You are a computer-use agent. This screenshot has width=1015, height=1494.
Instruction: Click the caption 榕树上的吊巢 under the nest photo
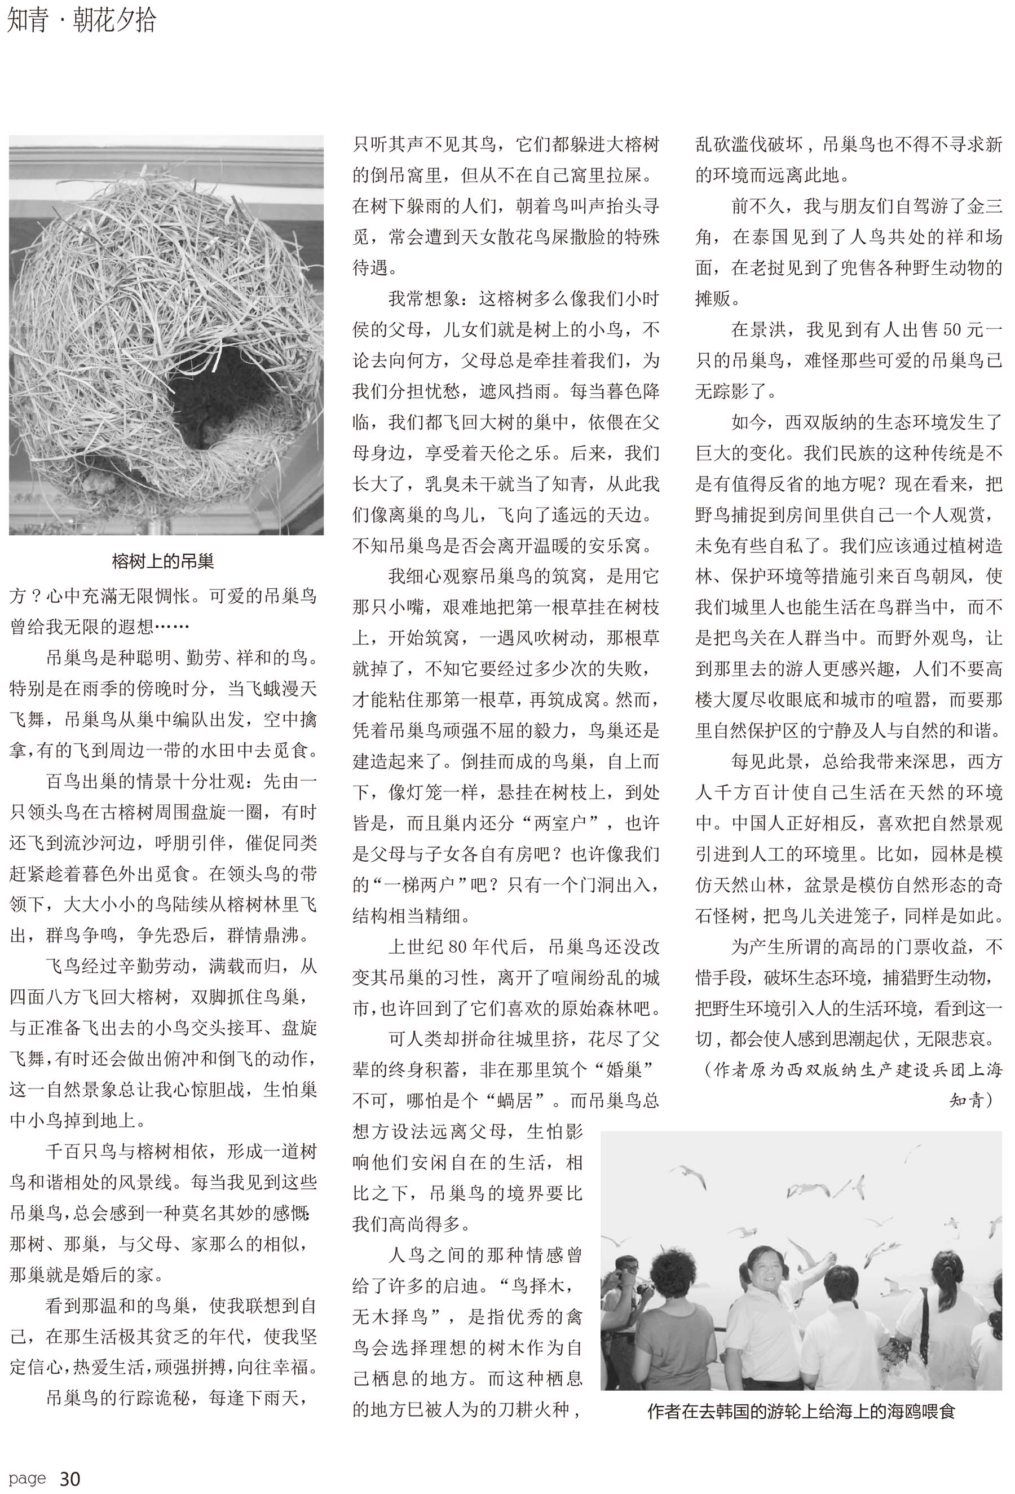point(162,561)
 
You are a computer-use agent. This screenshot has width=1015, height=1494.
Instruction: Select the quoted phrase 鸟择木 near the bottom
point(538,1286)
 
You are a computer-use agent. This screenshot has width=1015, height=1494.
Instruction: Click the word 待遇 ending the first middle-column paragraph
point(371,267)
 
